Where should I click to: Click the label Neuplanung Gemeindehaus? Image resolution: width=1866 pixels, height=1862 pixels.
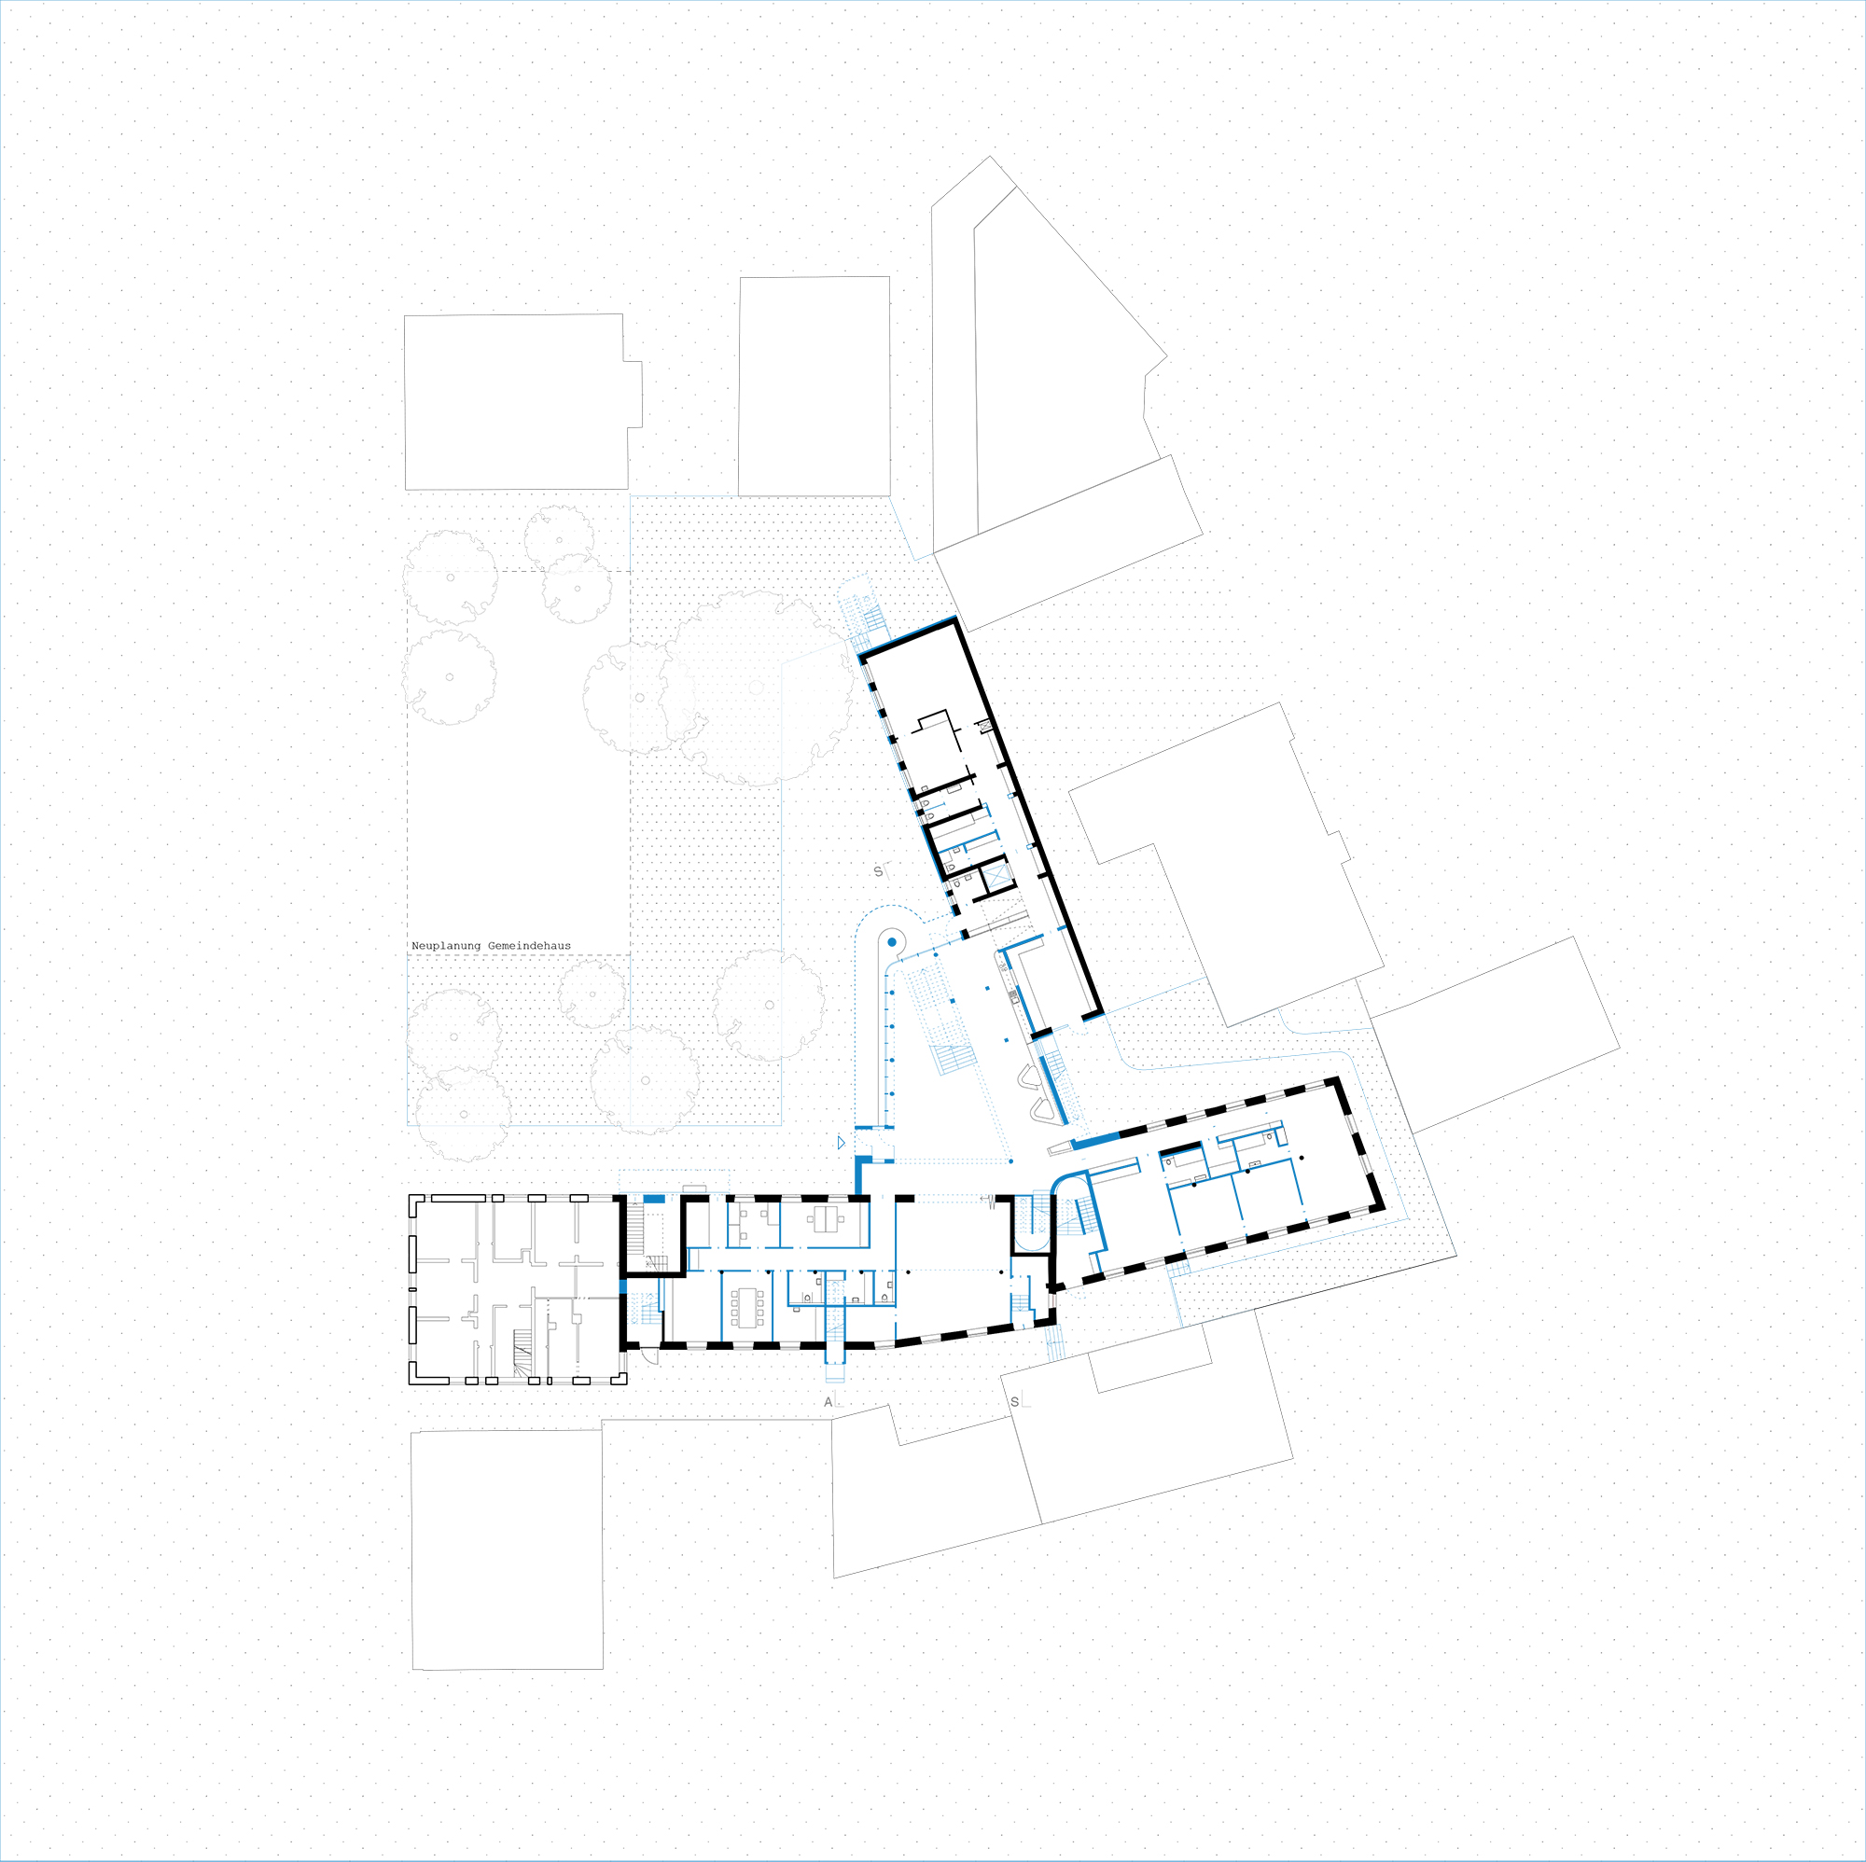tap(491, 947)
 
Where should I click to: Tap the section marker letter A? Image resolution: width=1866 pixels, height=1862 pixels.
tap(828, 1401)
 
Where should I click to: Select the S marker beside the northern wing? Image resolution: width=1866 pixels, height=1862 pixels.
tap(878, 871)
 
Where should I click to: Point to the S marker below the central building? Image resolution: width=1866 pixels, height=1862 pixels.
tap(1014, 1401)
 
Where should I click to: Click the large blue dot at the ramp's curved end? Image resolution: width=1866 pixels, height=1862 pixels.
tap(893, 941)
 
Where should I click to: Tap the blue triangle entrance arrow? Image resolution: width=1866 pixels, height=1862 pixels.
tap(842, 1143)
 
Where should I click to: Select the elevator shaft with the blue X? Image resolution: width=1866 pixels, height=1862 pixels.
tap(996, 877)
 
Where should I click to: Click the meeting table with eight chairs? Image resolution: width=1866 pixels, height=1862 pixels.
tap(747, 1307)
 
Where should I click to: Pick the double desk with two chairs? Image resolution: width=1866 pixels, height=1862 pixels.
tap(826, 1220)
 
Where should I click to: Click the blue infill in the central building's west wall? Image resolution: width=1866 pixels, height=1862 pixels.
tap(623, 1285)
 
